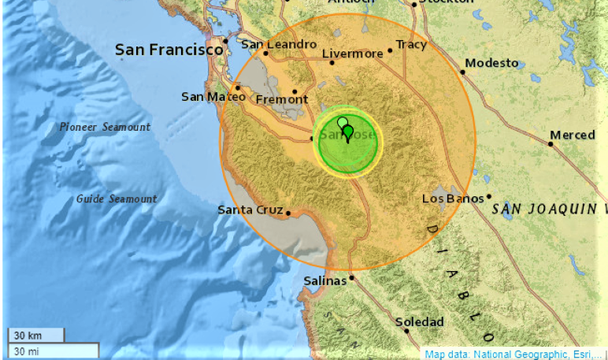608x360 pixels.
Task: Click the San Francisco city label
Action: tap(169, 50)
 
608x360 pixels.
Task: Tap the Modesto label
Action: tap(491, 63)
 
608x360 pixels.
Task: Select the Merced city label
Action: tap(573, 135)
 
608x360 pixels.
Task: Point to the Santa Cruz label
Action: tap(250, 210)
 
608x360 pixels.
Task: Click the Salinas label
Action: tap(324, 280)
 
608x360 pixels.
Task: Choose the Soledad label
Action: tap(419, 321)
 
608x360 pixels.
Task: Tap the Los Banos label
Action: tap(453, 199)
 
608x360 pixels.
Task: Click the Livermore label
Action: tap(352, 54)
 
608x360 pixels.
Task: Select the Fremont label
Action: tap(282, 99)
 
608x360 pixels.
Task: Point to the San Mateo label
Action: tap(208, 97)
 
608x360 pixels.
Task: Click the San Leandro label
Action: tap(279, 44)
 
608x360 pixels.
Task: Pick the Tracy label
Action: tap(410, 44)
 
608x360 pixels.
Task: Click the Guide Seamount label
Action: tap(117, 199)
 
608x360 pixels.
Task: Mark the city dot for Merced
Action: tap(551, 143)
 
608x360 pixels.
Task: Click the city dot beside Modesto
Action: tap(462, 72)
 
